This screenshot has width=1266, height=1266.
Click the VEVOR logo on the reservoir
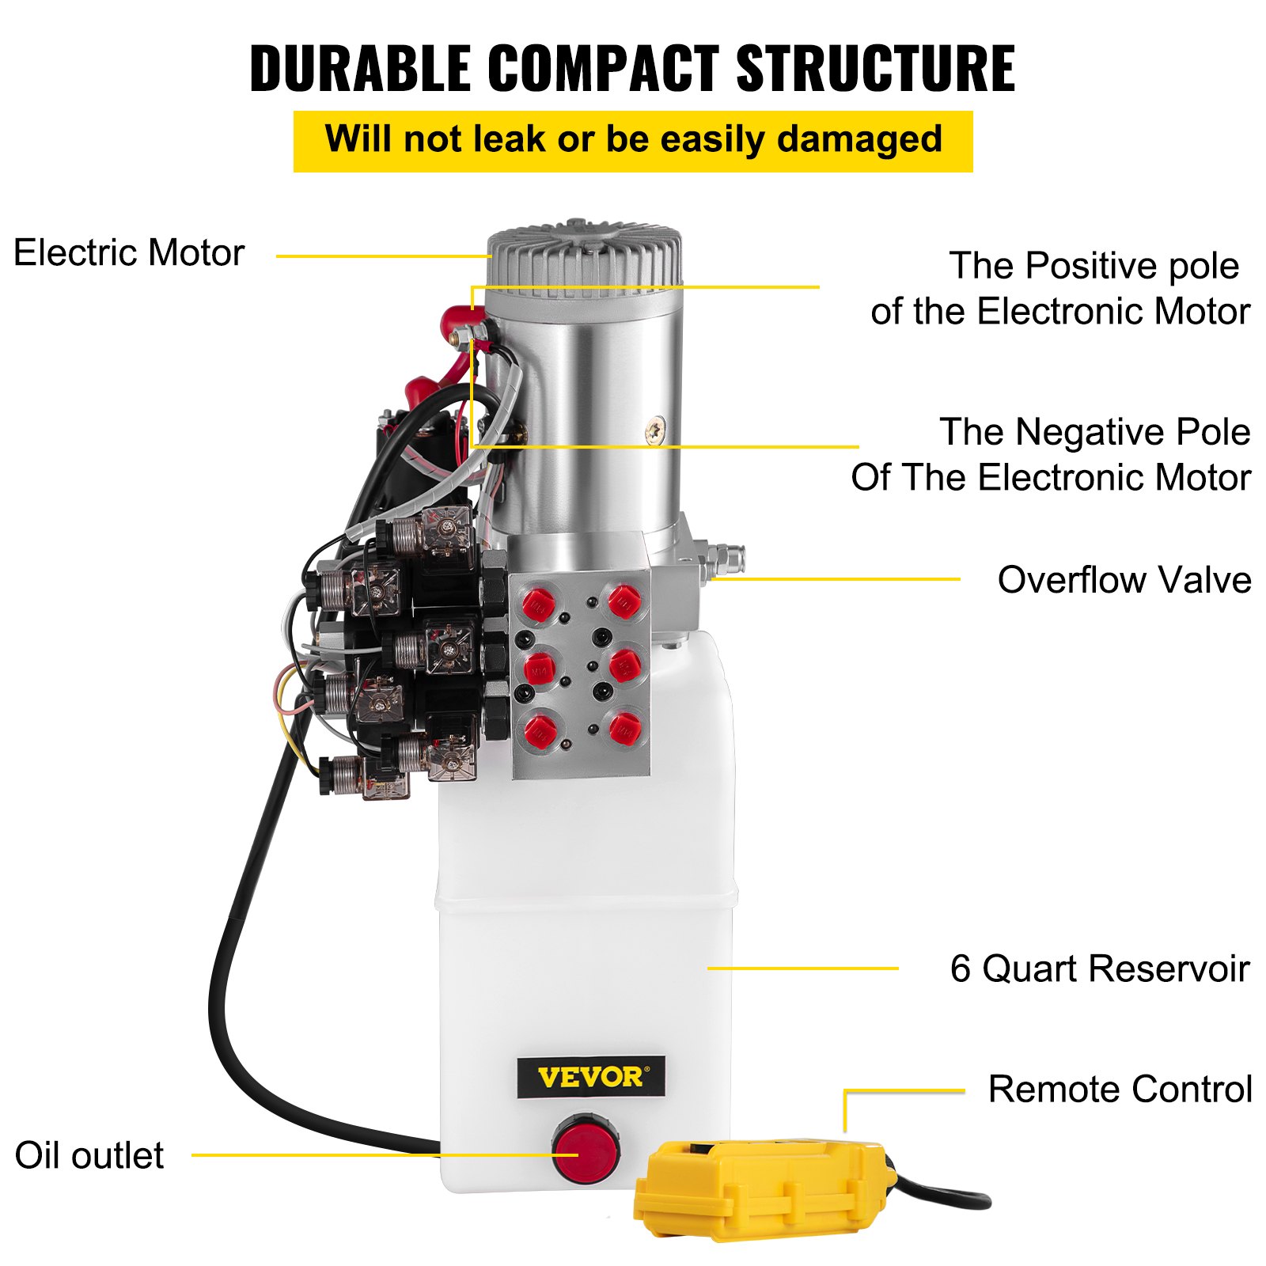click(x=590, y=1077)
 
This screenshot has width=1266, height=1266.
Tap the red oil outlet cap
click(x=586, y=1149)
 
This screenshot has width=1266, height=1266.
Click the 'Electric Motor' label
click(x=129, y=253)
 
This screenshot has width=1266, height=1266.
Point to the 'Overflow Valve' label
click(x=1124, y=580)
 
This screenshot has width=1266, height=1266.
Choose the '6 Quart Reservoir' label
click(x=1099, y=968)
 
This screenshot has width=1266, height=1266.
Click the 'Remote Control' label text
click(x=1120, y=1090)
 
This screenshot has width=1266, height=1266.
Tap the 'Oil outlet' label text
click(x=89, y=1155)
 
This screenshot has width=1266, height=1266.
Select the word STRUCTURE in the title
click(x=875, y=69)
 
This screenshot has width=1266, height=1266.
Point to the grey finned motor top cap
click(x=585, y=257)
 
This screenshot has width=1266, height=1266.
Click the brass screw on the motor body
click(x=655, y=430)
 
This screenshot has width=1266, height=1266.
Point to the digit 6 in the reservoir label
click(x=960, y=968)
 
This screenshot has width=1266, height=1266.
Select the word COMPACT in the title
click(x=603, y=69)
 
